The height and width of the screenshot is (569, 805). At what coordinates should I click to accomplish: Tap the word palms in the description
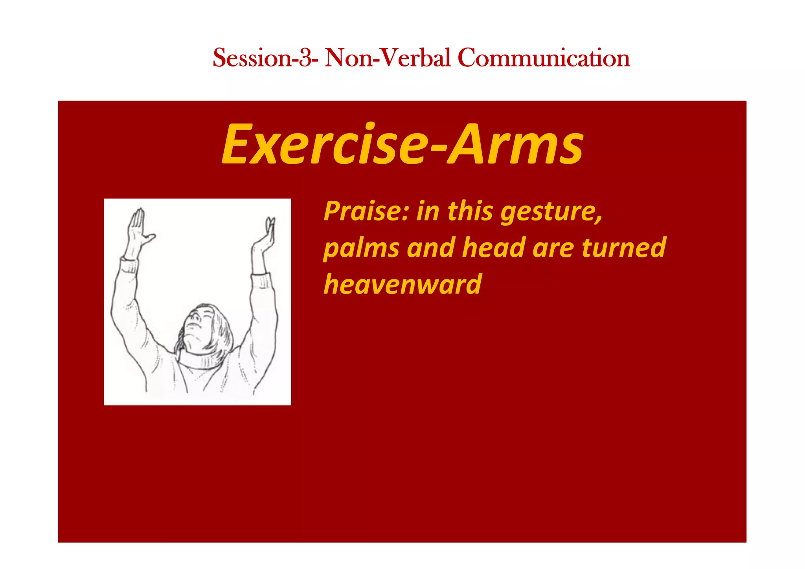(361, 249)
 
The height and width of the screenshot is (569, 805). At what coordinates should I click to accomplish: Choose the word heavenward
(402, 284)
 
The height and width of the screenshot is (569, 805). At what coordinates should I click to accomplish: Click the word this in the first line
(470, 211)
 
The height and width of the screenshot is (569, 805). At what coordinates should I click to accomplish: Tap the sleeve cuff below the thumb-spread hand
(129, 265)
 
